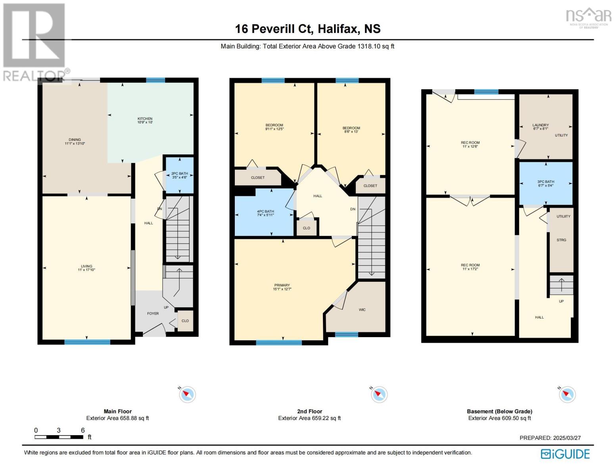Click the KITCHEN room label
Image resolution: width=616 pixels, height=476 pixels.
[x=145, y=119]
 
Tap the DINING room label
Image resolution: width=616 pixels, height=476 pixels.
[x=75, y=140]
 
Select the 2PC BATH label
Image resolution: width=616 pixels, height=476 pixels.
[x=179, y=173]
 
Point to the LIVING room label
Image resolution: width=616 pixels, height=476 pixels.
[x=86, y=266]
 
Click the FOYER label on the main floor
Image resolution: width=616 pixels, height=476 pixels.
[x=153, y=313]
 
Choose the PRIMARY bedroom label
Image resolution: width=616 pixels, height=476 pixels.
[x=282, y=285]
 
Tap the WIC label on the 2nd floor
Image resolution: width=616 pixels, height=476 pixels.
[x=362, y=309]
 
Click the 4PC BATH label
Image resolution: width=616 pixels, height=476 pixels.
[x=265, y=211]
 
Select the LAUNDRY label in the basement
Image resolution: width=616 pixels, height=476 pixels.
[x=540, y=125]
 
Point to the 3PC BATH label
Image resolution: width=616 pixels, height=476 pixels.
[x=546, y=182]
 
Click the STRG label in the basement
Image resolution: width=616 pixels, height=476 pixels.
[x=561, y=240]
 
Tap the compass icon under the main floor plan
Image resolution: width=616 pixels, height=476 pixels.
[x=187, y=394]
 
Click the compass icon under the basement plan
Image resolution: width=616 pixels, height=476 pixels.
[x=567, y=394]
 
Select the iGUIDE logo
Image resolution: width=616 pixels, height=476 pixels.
[x=565, y=454]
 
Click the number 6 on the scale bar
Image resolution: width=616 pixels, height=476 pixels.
[x=83, y=430]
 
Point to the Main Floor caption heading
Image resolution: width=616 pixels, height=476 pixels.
[x=118, y=411]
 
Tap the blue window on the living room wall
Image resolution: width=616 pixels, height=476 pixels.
[x=87, y=342]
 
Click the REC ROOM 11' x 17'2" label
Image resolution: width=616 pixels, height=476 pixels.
[x=470, y=267]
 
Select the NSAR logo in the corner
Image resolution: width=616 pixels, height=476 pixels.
[x=589, y=17]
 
